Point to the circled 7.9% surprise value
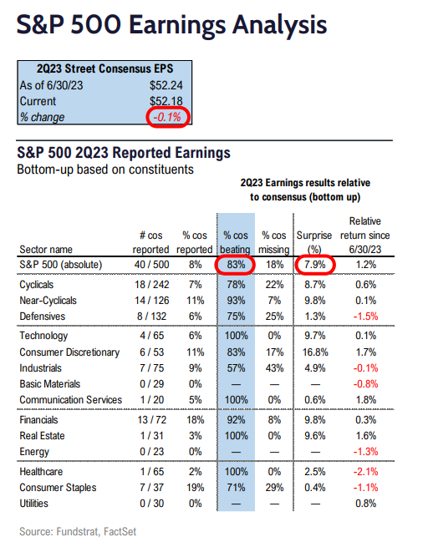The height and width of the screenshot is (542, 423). pyautogui.click(x=313, y=266)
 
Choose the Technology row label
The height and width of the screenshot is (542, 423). pyautogui.click(x=46, y=337)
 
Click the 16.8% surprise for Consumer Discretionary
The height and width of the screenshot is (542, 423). pyautogui.click(x=313, y=352)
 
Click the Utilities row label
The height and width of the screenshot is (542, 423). pyautogui.click(x=36, y=503)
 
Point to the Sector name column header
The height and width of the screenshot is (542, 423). pyautogui.click(x=52, y=249)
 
